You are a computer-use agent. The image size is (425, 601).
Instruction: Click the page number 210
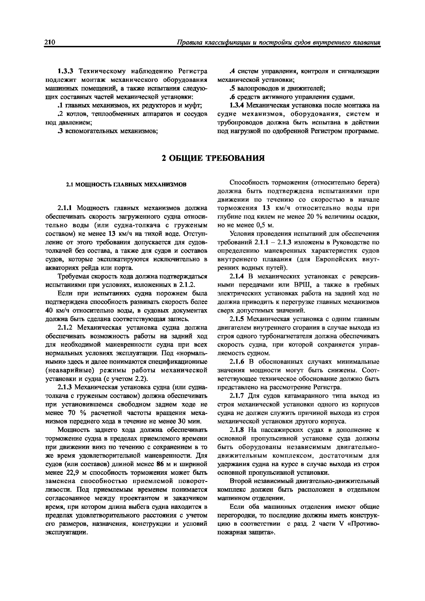point(50,42)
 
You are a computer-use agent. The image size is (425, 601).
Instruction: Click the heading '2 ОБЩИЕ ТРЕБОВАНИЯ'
point(213,158)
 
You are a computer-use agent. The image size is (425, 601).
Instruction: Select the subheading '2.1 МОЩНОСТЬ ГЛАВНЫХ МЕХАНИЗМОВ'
point(126,185)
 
